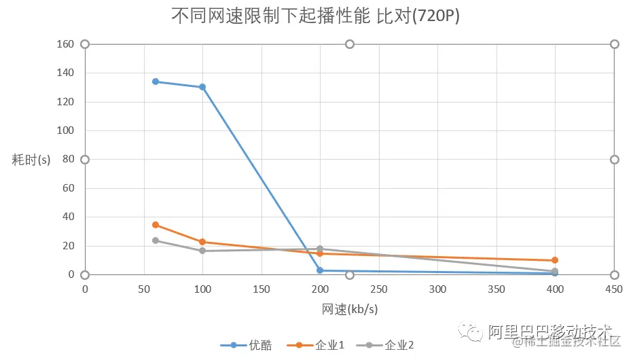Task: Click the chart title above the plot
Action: (316, 16)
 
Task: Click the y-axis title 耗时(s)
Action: (31, 160)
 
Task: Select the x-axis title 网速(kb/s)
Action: (350, 309)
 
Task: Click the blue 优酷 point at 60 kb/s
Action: (156, 82)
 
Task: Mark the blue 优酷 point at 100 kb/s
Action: (202, 87)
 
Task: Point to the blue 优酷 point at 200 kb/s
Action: (320, 270)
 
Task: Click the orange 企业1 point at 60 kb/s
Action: (156, 225)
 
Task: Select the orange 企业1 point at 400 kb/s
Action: (555, 260)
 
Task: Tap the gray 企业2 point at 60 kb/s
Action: (156, 240)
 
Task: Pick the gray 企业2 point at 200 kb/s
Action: (320, 249)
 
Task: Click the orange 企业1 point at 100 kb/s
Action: (202, 242)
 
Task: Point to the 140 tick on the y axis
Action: (65, 73)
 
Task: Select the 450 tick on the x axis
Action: (613, 289)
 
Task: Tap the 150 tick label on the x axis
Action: (261, 289)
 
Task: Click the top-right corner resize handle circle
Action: (614, 44)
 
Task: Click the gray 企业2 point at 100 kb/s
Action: (202, 251)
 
